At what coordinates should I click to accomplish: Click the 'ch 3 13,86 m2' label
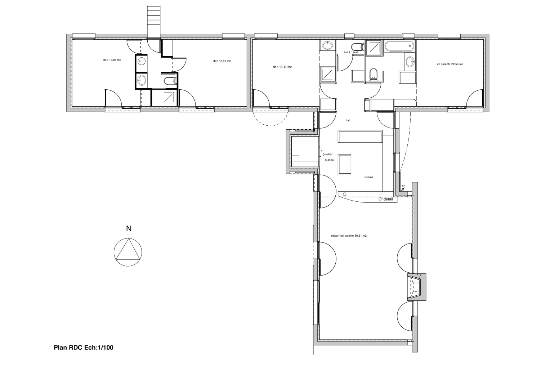point(112,60)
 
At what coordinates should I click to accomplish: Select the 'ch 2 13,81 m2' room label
point(222,61)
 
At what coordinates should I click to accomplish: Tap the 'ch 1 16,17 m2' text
point(282,67)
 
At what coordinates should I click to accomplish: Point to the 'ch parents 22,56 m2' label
point(450,64)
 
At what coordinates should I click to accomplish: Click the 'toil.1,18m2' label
point(351,53)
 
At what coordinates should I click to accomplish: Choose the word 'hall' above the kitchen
point(348,121)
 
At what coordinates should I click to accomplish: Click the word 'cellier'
point(328,154)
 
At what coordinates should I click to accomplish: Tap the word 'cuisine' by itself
point(368,177)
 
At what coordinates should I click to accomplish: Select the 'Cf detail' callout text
point(385,199)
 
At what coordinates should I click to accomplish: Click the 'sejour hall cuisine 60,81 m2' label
point(348,236)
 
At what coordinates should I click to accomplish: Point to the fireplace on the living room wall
point(417,287)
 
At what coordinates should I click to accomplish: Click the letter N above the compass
point(129,229)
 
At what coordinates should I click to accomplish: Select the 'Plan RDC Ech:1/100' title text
point(84,348)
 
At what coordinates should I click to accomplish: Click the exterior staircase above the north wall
point(154,21)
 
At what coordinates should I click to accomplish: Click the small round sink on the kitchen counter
point(345,194)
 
